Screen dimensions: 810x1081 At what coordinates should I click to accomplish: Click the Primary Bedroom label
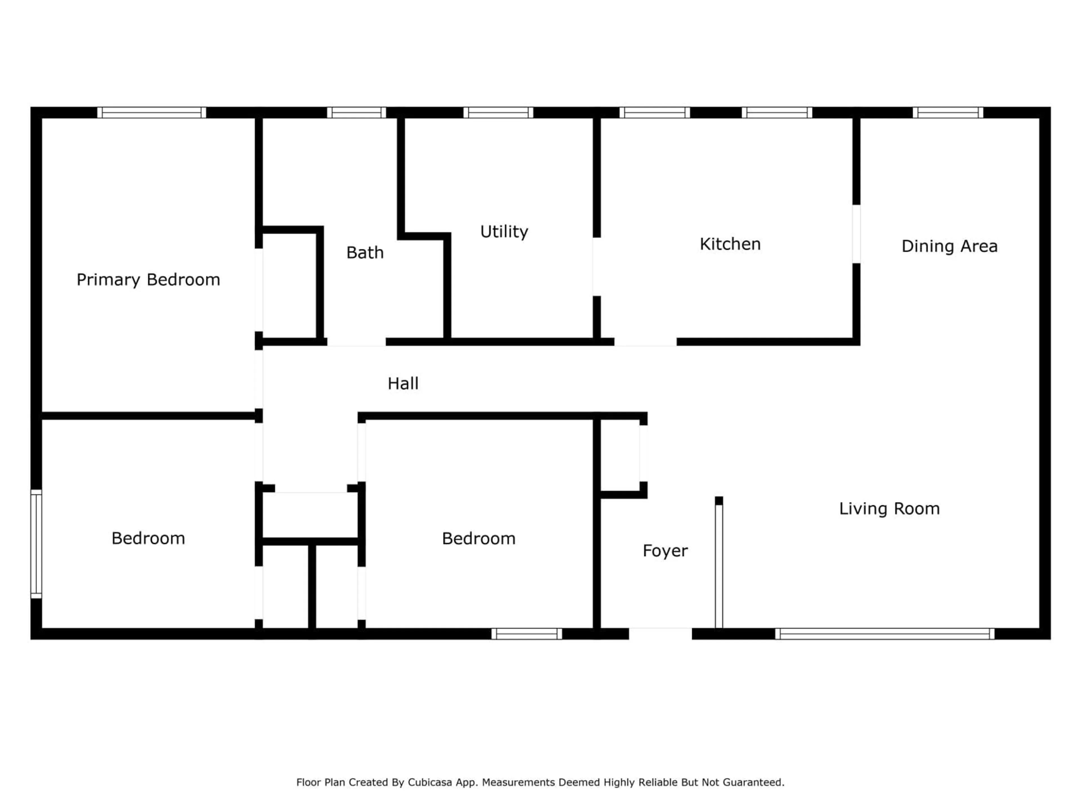tap(148, 280)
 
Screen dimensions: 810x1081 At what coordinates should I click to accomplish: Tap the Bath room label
tap(365, 253)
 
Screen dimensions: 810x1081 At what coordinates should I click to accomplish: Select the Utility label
tap(504, 231)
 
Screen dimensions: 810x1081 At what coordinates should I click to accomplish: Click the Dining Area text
tap(949, 246)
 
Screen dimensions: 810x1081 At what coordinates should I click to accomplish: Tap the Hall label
tap(403, 383)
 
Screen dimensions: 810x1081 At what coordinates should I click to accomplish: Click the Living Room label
tap(889, 509)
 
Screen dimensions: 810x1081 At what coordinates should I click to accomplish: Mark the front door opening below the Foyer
tap(660, 633)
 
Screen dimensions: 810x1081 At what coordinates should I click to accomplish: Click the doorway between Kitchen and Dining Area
tap(856, 234)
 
